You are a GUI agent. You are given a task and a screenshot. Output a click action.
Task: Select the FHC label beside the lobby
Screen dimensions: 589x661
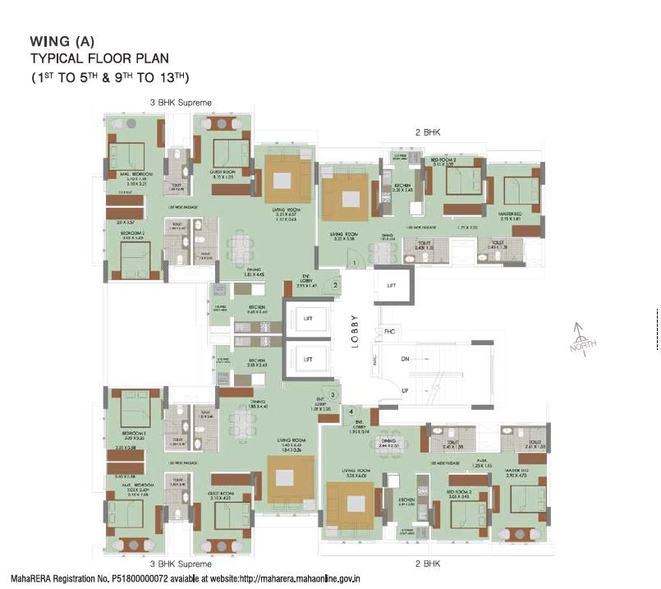coord(389,331)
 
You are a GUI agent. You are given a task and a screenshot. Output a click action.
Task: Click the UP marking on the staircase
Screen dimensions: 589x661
coord(404,391)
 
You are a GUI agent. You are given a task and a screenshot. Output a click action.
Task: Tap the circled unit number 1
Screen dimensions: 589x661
coord(354,262)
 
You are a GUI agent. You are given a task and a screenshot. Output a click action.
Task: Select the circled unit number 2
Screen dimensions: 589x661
coord(336,285)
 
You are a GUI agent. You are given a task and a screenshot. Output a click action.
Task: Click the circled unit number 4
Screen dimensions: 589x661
coord(351,411)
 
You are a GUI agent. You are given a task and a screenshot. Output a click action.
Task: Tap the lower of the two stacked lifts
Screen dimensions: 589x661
coord(307,360)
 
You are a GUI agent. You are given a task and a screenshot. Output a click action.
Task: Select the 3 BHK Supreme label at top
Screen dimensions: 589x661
coord(181,103)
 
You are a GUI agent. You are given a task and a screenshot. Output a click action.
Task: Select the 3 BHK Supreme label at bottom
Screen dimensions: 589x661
coord(181,564)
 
